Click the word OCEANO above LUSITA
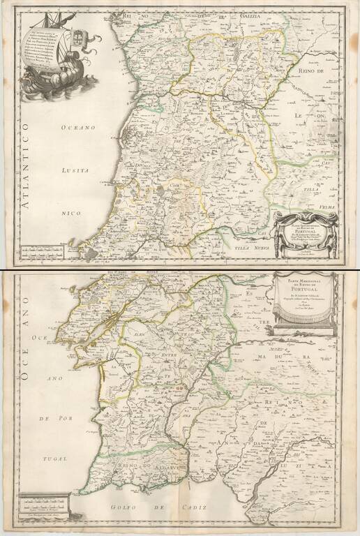(76, 127)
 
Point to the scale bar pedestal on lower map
(43, 501)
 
